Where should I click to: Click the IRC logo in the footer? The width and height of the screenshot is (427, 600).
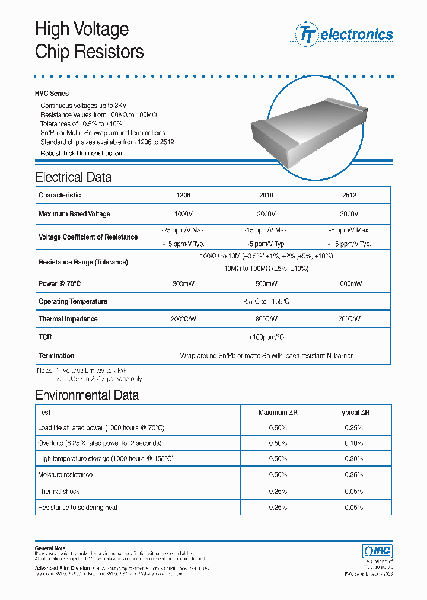(377, 551)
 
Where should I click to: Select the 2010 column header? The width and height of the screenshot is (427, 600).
(266, 195)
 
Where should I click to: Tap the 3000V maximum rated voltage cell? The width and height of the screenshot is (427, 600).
(349, 214)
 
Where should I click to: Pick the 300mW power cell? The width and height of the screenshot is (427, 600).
(183, 284)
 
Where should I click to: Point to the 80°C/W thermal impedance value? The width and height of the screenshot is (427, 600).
(266, 319)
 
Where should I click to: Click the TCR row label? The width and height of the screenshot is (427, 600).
(45, 337)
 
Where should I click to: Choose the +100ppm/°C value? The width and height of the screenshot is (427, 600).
(266, 337)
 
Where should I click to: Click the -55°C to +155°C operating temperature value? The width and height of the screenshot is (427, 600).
(266, 302)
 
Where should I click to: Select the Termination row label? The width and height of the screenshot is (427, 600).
(56, 356)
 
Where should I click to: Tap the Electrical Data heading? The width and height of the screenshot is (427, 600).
(73, 177)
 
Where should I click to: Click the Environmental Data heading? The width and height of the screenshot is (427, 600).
(87, 395)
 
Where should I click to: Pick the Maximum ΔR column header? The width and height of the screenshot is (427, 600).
(278, 412)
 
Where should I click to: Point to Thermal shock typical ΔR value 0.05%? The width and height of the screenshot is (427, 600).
(353, 492)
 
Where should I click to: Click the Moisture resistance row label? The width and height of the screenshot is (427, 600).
(65, 475)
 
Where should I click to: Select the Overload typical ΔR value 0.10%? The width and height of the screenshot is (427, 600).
(353, 443)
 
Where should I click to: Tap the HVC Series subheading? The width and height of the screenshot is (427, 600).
(52, 94)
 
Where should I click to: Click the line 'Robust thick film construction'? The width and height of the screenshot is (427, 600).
(81, 153)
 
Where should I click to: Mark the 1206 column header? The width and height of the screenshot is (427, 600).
(183, 195)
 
